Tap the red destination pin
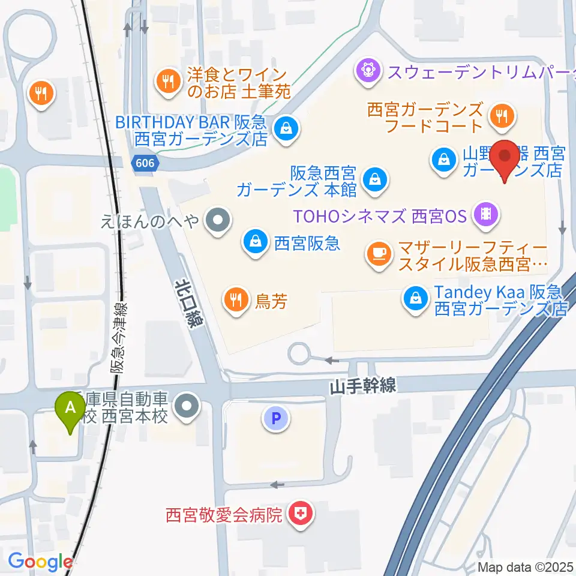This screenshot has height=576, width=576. click(x=505, y=157)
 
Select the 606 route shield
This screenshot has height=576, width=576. click(x=144, y=163)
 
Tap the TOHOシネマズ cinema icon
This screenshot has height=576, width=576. click(x=485, y=215)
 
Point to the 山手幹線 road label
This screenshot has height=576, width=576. click(x=362, y=387)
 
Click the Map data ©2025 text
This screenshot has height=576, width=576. click(x=526, y=567)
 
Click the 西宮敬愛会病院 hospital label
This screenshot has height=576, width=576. click(x=224, y=515)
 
